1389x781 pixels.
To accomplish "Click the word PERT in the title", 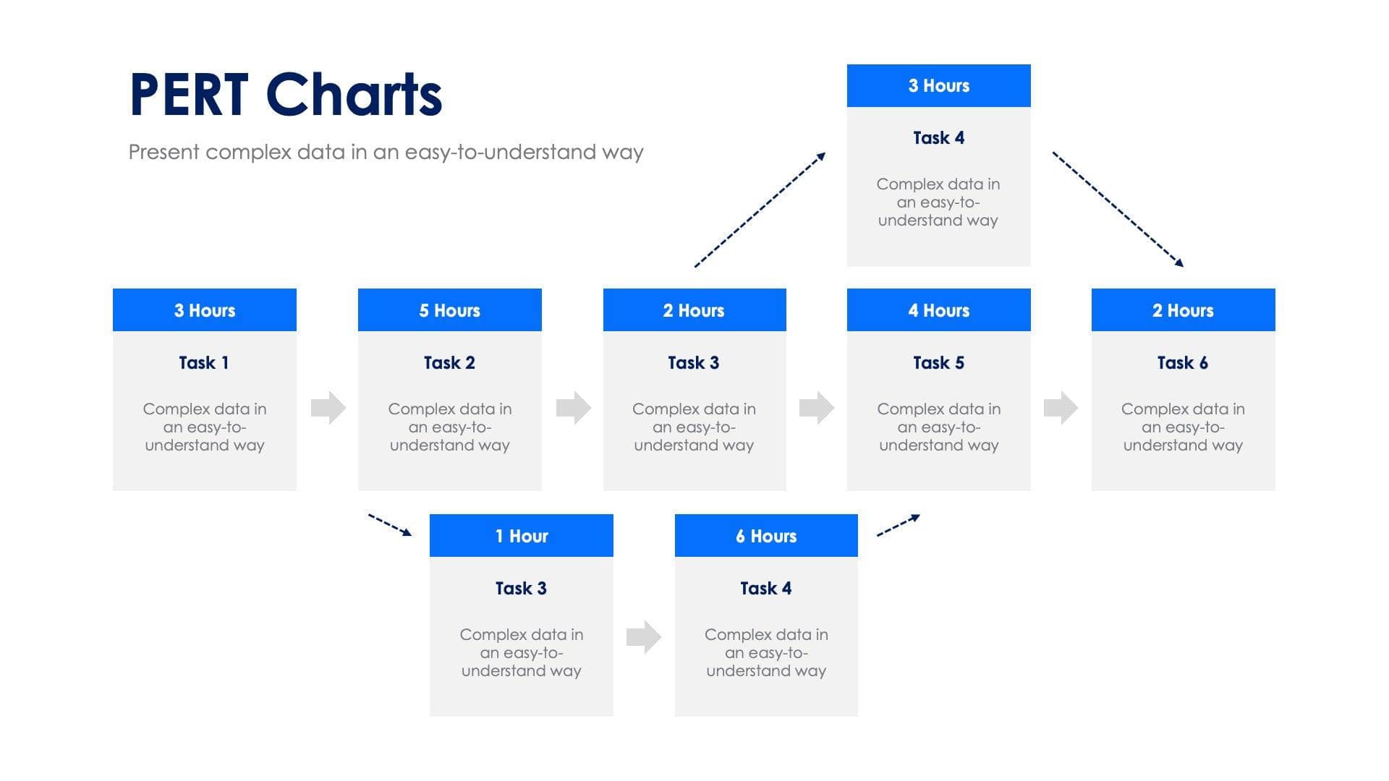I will tap(189, 95).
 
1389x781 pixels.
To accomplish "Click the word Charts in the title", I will tap(354, 95).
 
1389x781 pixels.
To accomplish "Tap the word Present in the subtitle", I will tap(164, 152).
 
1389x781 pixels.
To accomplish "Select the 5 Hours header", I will tap(449, 310).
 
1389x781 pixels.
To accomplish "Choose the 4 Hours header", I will tap(938, 310).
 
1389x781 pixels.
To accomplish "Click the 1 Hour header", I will tap(521, 536).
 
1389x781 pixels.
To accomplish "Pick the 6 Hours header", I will tap(766, 536).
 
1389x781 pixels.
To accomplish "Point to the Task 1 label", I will tap(204, 362).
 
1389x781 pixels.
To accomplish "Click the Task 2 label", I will tap(449, 362).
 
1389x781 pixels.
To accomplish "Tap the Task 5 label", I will tap(938, 362).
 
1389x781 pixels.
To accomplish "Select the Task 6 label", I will tap(1183, 362).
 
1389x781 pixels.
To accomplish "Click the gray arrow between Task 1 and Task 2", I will tap(328, 408).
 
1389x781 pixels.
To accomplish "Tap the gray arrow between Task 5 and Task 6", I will tap(1061, 408).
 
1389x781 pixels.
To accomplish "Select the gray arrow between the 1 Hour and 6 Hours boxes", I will tap(644, 636).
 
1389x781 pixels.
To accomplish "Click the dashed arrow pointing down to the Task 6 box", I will tap(1118, 209).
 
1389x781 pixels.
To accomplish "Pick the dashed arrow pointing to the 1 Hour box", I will tap(390, 525).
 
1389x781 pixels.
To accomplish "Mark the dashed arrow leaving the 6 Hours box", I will tap(898, 525).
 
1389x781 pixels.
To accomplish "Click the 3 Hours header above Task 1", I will tap(204, 310).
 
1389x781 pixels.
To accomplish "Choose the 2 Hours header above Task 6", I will tap(1183, 310).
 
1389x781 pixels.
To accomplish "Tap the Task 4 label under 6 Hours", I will tap(766, 588).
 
